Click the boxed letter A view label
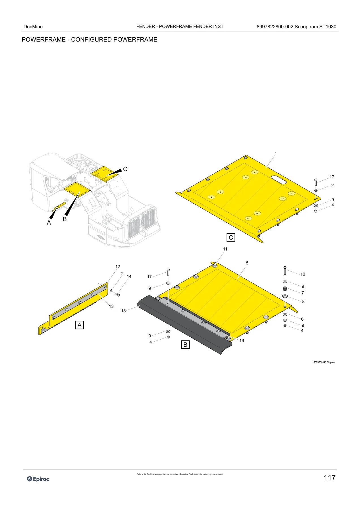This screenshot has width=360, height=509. (80, 325)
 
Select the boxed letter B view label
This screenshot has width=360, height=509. (185, 344)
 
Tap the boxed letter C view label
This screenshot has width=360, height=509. (231, 237)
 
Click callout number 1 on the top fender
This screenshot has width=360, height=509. (276, 153)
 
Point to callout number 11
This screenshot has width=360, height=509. (225, 249)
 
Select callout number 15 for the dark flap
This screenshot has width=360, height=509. (123, 311)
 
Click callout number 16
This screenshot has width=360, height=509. (242, 340)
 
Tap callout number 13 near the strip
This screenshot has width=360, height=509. (111, 306)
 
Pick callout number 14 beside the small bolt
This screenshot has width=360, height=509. (129, 277)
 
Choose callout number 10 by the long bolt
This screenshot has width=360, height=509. (303, 274)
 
